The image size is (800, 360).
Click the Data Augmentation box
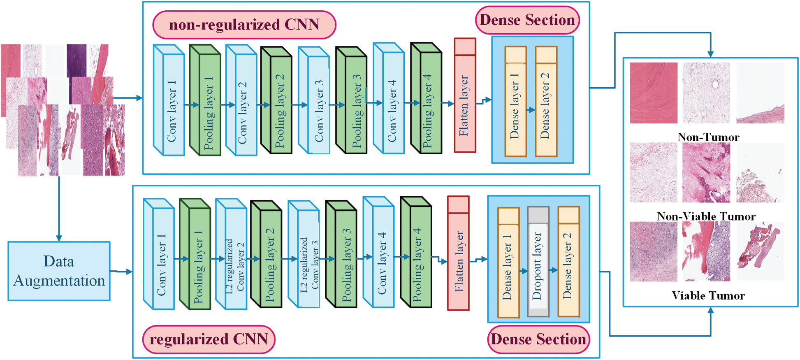pos(59,271)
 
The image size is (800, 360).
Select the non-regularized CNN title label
pos(244,25)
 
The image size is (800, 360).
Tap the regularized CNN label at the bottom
pos(209,339)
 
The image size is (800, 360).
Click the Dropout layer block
pos(538,262)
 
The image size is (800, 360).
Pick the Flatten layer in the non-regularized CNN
pos(465,95)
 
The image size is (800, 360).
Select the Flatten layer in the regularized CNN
pos(459,253)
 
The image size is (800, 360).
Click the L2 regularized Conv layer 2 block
pos(231,254)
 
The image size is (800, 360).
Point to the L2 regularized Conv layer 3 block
pos(304,254)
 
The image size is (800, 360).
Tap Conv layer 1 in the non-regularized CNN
pos(169,100)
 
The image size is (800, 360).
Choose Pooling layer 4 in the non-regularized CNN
pos(427,98)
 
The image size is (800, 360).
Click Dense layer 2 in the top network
pos(546,102)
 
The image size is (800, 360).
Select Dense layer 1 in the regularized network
pos(509,262)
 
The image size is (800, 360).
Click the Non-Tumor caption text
pos(708,137)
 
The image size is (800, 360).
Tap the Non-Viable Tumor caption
pos(706,216)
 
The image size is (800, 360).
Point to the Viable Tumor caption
pos(708,295)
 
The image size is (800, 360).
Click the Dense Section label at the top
pos(527,20)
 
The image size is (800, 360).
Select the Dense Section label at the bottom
pos(538,339)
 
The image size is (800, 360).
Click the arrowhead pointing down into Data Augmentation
pos(59,238)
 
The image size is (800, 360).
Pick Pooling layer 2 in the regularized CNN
pos(267,254)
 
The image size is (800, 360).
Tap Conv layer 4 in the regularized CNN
pos(379,252)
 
